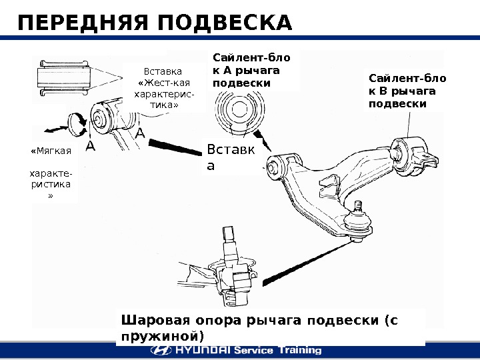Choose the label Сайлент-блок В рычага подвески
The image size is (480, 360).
click(407, 91)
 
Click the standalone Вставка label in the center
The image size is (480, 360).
click(229, 157)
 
